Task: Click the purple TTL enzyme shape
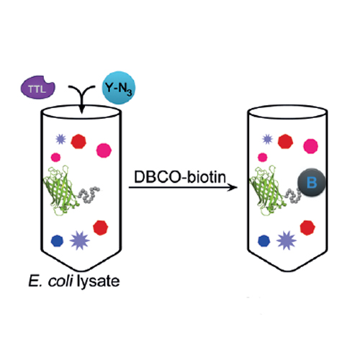click(x=37, y=87)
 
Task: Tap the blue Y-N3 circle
click(x=119, y=88)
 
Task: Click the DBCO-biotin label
click(x=180, y=177)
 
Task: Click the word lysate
click(x=98, y=282)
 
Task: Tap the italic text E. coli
click(x=50, y=281)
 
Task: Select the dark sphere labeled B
click(x=312, y=182)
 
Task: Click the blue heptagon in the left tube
click(x=58, y=240)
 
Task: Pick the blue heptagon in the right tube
click(x=264, y=240)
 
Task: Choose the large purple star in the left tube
click(x=80, y=240)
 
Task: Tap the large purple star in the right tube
click(x=287, y=240)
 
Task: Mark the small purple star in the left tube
click(x=60, y=139)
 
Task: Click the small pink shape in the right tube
click(x=263, y=158)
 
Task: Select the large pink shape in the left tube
click(x=104, y=150)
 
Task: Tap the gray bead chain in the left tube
click(x=89, y=194)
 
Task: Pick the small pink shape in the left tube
click(x=55, y=158)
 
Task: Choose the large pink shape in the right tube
click(x=311, y=146)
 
